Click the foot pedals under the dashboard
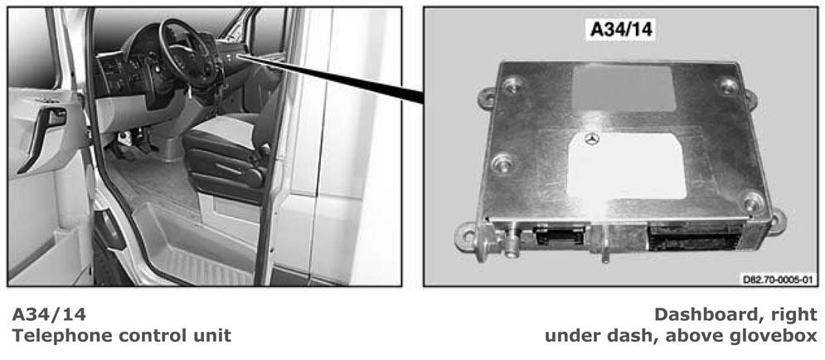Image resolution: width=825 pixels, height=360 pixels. pyautogui.click(x=133, y=144)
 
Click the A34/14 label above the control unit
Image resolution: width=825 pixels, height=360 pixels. pyautogui.click(x=621, y=29)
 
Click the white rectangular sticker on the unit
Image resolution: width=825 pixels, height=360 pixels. pyautogui.click(x=627, y=166)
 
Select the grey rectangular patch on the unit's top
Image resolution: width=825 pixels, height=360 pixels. pyautogui.click(x=624, y=87)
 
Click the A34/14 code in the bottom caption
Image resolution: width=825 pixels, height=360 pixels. pyautogui.click(x=48, y=314)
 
